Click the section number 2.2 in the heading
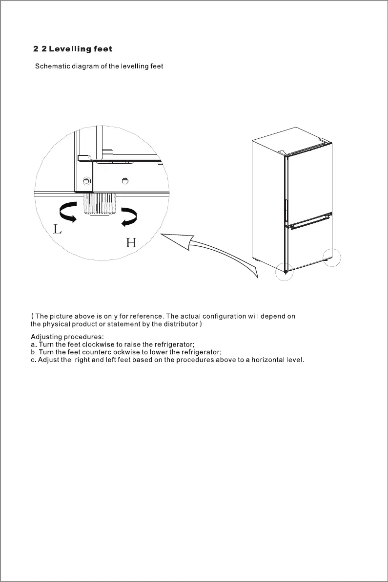coord(40,49)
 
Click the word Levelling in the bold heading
coord(70,49)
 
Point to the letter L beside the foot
coord(58,229)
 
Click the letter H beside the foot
coord(131,243)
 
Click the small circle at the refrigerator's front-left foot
coord(284,271)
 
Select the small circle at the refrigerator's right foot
coord(332,257)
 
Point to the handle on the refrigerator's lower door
coord(310,224)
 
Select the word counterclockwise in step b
coord(111,352)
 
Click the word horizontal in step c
coord(268,360)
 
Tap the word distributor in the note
coord(180,324)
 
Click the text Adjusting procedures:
coord(64,337)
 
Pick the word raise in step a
coord(132,345)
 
